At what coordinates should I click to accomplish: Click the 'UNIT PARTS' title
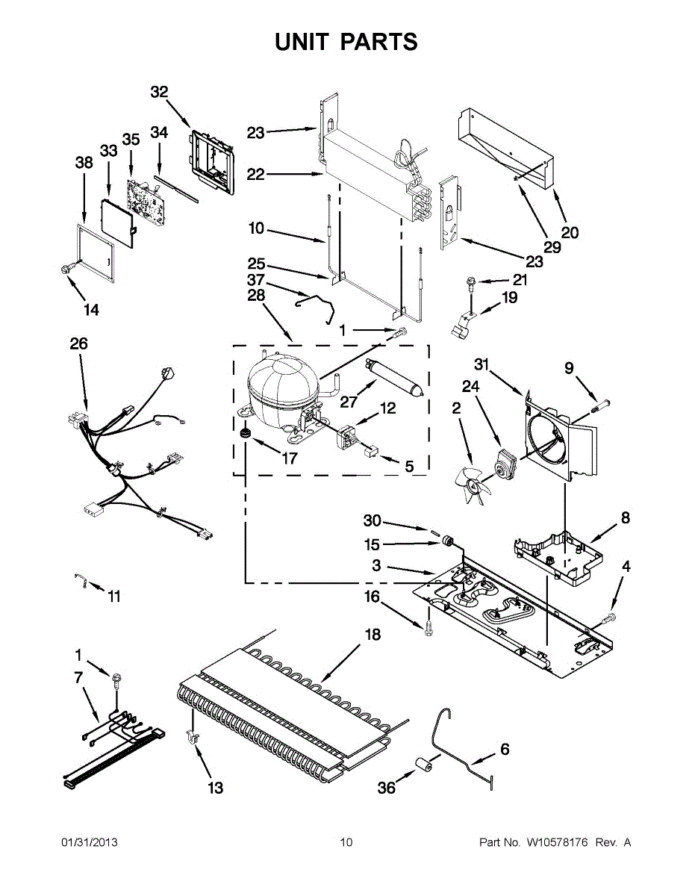pyautogui.click(x=346, y=43)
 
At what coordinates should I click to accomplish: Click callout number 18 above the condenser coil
pyautogui.click(x=372, y=635)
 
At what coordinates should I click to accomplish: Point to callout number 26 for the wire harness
pyautogui.click(x=78, y=343)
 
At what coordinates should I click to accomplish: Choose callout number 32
pyautogui.click(x=159, y=92)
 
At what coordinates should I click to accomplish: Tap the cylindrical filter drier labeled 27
pyautogui.click(x=394, y=377)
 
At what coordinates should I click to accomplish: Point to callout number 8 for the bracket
pyautogui.click(x=625, y=517)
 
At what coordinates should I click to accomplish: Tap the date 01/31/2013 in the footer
pyautogui.click(x=89, y=842)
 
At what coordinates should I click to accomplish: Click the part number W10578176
pyautogui.click(x=558, y=842)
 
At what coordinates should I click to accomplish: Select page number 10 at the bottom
pyautogui.click(x=346, y=842)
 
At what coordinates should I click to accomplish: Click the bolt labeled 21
pyautogui.click(x=471, y=282)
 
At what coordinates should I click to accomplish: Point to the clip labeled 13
pyautogui.click(x=192, y=738)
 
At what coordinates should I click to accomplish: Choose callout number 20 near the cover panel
pyautogui.click(x=570, y=232)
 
